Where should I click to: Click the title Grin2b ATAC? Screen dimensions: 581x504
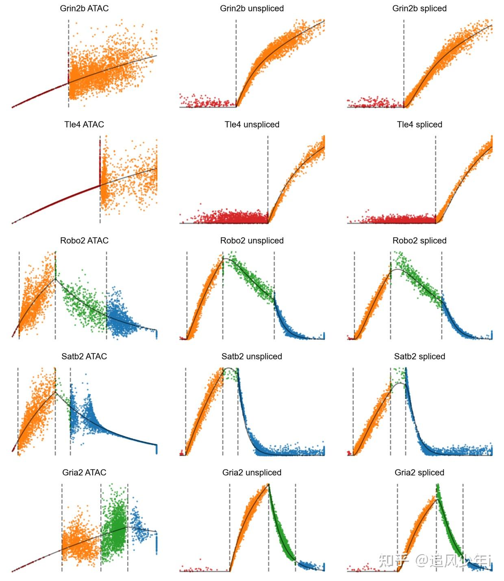(84, 9)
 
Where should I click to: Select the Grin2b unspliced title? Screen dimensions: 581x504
(252, 9)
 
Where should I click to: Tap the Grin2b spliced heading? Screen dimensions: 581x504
(419, 9)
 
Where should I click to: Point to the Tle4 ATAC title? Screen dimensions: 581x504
(84, 124)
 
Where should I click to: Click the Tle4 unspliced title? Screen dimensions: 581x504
(252, 124)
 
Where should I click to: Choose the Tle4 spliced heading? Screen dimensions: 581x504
(419, 124)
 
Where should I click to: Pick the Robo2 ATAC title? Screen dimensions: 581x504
(84, 240)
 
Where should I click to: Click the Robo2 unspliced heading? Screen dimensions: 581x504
(252, 240)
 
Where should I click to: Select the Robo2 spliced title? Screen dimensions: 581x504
(419, 240)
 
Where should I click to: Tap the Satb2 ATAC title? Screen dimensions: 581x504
(84, 356)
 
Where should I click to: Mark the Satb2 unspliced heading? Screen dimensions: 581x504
(252, 356)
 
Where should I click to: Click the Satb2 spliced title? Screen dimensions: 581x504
(419, 356)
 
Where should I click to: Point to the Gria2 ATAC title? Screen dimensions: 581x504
(84, 472)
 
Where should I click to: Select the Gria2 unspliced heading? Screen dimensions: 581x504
(252, 472)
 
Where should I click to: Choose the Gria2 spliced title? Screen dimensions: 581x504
(419, 472)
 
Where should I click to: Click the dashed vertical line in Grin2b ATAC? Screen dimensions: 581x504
(68, 41)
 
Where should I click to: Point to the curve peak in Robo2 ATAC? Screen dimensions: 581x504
(55, 279)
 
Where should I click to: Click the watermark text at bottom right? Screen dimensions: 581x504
(435, 561)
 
